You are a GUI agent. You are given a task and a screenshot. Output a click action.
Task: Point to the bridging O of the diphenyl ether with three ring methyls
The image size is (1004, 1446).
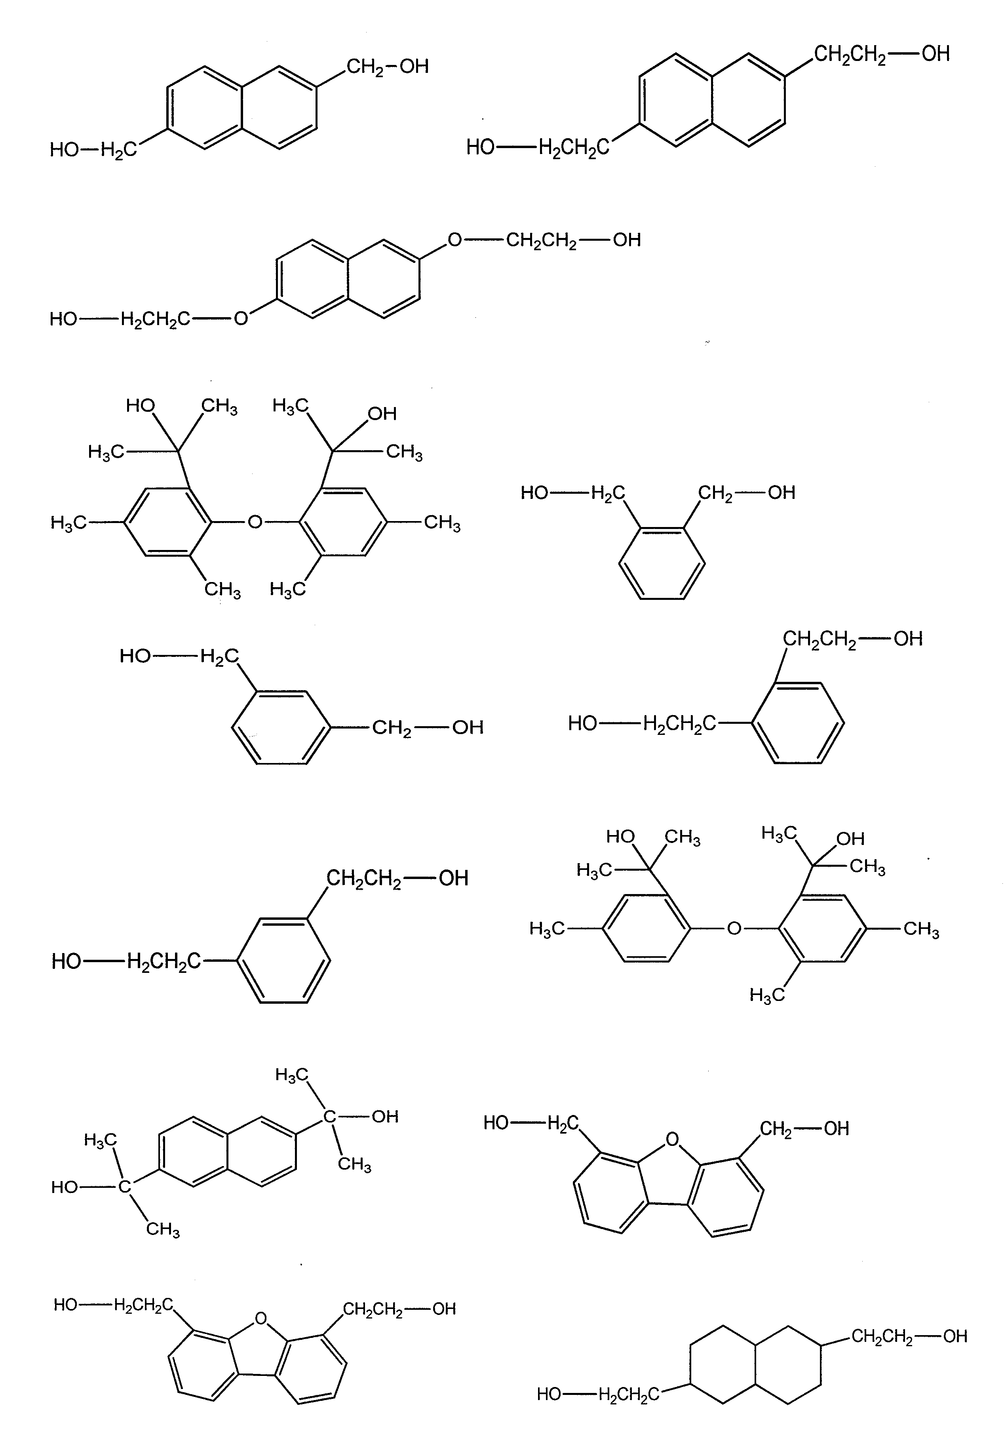(734, 928)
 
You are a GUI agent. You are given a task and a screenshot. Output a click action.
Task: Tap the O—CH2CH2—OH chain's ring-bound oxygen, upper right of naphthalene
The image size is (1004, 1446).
(454, 240)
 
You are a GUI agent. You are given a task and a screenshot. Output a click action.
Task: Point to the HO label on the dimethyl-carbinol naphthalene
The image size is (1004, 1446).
(65, 1187)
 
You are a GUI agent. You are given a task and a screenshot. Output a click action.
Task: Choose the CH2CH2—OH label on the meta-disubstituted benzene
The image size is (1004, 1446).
(397, 878)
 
